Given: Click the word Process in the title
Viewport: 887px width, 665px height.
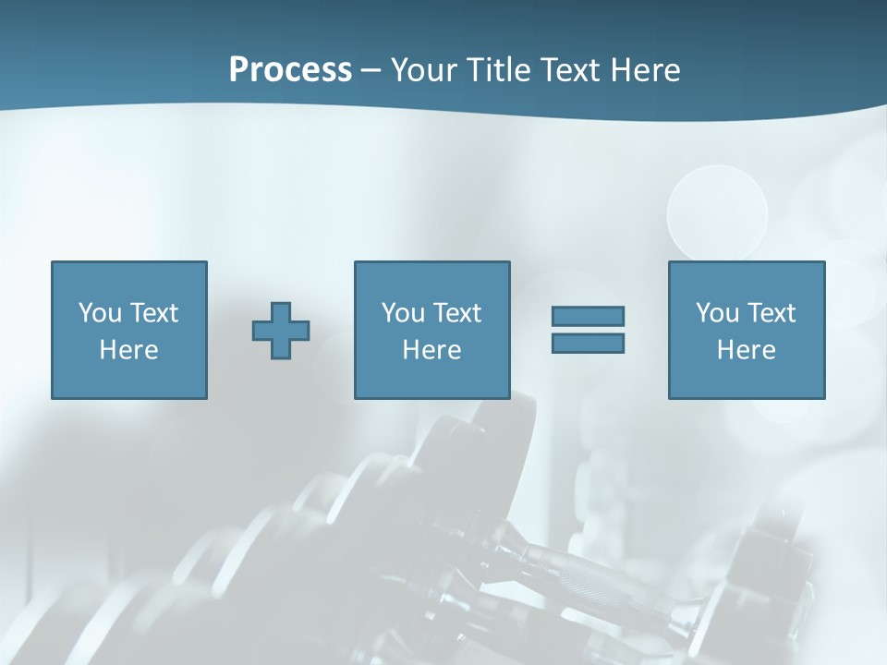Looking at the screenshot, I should pos(290,70).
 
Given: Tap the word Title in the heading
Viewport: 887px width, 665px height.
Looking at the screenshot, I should pos(498,70).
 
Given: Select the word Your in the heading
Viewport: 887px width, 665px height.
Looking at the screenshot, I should pos(421,70).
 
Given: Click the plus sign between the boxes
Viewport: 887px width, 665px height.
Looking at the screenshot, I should pos(281,331).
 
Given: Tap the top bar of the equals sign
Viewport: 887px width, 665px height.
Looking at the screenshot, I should pos(588,316).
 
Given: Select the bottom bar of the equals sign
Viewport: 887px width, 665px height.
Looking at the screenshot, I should pos(588,344).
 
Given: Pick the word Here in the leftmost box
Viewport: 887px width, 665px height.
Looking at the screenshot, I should pos(128,350).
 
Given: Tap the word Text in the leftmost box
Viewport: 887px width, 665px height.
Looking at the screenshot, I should pos(153,313).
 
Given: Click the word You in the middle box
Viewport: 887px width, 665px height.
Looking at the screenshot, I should pos(403,313).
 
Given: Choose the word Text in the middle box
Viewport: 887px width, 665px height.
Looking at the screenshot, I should pos(456,313).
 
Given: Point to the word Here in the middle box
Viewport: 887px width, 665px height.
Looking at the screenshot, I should pos(431,350).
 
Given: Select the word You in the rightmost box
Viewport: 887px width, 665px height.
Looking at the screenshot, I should pos(717,313).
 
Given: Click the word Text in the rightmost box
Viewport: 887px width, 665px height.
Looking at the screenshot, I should pos(771,313).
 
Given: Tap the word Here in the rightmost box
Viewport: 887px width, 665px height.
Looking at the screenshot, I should pos(746,350).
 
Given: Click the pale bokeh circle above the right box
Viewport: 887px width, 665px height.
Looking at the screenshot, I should pos(717,211).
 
